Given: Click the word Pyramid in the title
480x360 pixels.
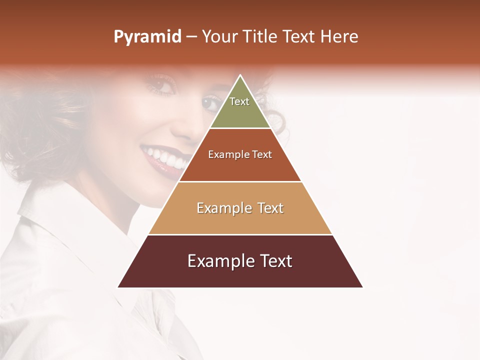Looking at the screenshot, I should click(x=147, y=37).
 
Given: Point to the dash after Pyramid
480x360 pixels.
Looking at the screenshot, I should click(x=191, y=37).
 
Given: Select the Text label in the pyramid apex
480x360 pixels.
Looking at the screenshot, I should click(x=239, y=101).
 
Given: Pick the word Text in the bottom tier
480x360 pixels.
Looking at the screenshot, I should click(x=275, y=261).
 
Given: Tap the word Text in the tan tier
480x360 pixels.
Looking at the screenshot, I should click(x=270, y=208).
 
